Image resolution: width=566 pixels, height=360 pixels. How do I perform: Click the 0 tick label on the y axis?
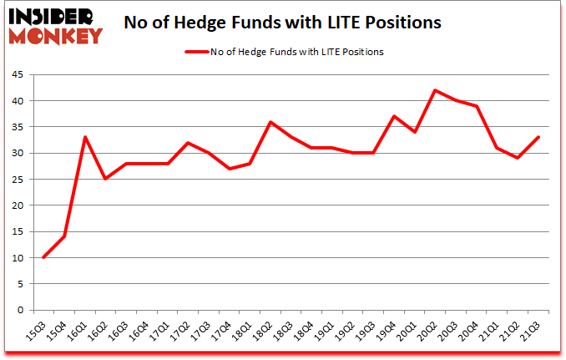(19, 310)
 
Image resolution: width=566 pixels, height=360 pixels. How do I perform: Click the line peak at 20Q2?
(435, 90)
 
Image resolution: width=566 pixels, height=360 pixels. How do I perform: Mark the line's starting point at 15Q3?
(43, 257)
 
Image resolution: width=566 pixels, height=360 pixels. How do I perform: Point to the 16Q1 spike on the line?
(86, 137)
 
